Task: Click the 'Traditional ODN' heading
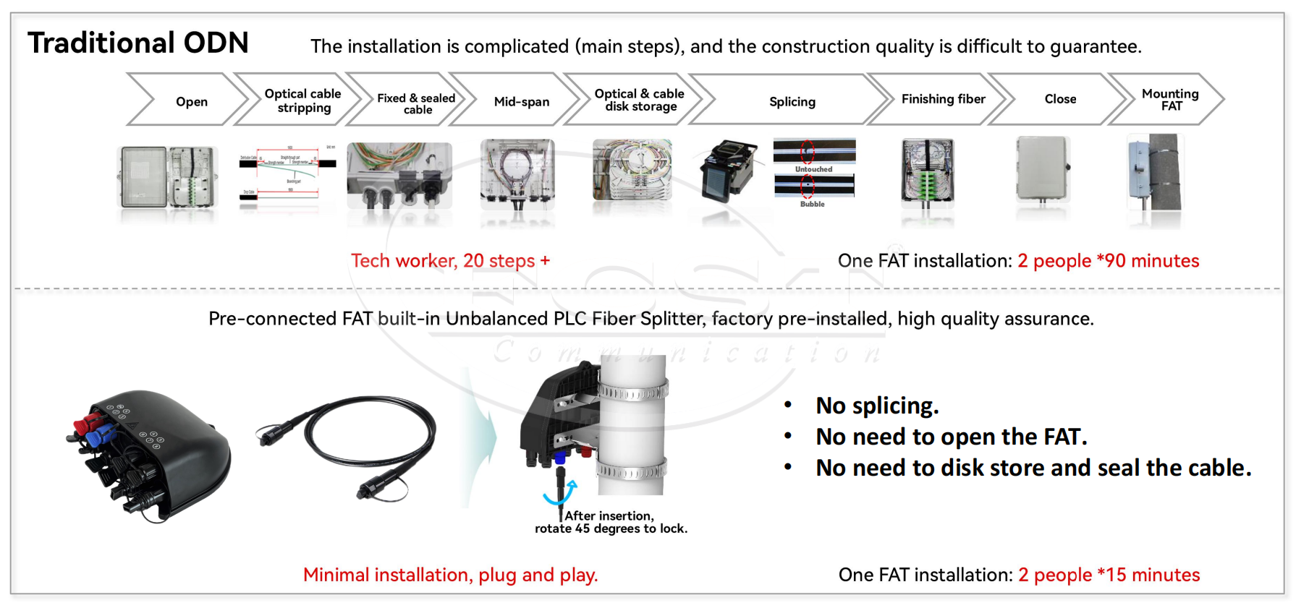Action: click(x=137, y=43)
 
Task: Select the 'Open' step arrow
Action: click(x=191, y=101)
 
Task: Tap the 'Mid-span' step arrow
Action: click(x=521, y=101)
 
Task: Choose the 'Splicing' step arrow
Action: click(x=792, y=101)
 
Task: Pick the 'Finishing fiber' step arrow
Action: click(x=943, y=99)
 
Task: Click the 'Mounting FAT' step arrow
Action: click(x=1169, y=99)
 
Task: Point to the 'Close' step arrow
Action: click(x=1060, y=99)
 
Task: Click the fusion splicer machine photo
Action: click(x=729, y=171)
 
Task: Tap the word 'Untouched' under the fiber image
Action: click(x=813, y=169)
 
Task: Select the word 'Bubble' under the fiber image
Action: click(x=812, y=204)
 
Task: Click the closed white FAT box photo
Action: click(x=1042, y=170)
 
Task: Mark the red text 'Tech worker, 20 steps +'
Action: click(x=450, y=261)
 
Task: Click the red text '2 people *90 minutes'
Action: click(x=1108, y=261)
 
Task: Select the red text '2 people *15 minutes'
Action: click(x=1109, y=575)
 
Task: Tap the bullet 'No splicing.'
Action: click(x=877, y=406)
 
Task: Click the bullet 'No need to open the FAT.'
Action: click(x=951, y=437)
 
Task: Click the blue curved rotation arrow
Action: click(x=561, y=493)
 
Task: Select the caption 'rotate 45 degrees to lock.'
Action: click(x=611, y=528)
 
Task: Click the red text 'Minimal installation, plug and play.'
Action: click(x=450, y=575)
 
